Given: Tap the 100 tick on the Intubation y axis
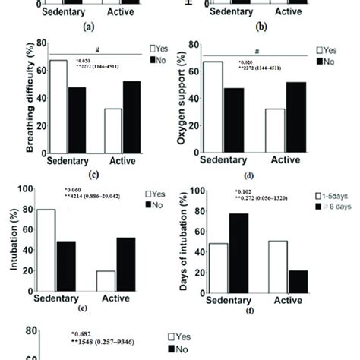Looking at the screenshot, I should click(22, 189).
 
